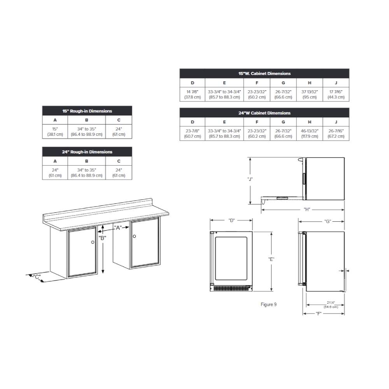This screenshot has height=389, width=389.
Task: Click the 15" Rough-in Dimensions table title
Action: pos(87,111)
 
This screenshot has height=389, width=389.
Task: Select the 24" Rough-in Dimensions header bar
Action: pos(87,152)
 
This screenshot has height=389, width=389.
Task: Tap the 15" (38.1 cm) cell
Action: pos(55,131)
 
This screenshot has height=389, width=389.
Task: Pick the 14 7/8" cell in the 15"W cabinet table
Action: pos(193,94)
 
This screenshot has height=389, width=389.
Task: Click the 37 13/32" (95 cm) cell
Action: pos(310,94)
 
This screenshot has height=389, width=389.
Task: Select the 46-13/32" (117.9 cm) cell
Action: pos(310,133)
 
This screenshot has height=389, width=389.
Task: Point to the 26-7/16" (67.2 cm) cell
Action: pos(336,133)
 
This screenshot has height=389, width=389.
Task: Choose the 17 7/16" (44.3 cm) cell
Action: pos(336,94)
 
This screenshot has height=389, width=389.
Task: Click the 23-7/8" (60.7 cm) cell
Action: pos(193,133)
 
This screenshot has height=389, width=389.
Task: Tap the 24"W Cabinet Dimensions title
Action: pos(265,113)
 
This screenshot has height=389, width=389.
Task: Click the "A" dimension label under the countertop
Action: pos(118,228)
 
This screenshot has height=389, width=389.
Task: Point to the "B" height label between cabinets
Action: pos(102,238)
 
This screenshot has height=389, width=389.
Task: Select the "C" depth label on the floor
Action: pos(37,277)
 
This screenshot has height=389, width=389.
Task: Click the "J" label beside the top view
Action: pos(250,179)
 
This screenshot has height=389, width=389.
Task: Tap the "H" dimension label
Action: pos(307,209)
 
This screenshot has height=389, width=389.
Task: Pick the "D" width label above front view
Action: pos(231,220)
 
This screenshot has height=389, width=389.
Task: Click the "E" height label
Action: pos(271,259)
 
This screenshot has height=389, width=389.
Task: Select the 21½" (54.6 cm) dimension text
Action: pos(331,305)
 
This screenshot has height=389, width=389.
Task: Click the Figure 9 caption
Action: pos(268,305)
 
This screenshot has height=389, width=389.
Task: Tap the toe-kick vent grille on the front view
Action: pos(231,289)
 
